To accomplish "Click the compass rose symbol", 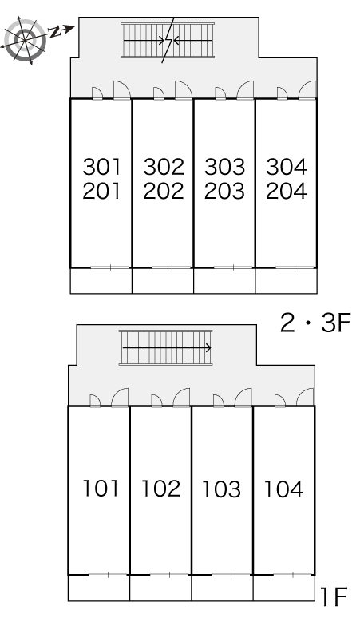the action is click(26, 40).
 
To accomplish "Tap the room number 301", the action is click(101, 167).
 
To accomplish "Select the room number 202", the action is click(164, 191).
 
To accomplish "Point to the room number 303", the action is click(224, 167).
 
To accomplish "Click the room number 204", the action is click(287, 191).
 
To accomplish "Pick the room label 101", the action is click(101, 489).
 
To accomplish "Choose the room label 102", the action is click(160, 489).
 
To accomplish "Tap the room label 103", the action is click(221, 489).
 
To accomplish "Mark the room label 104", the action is click(283, 489).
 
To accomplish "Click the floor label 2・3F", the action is click(315, 323).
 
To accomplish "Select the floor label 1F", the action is click(333, 596).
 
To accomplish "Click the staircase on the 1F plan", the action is click(165, 347).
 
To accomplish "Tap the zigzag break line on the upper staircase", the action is click(168, 40).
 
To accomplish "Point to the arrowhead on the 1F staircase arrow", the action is click(208, 348).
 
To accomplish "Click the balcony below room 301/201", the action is click(101, 281).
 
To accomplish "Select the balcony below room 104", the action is click(283, 588).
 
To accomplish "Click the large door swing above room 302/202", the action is click(184, 90).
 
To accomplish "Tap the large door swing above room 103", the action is click(243, 398).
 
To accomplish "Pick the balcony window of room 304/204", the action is click(295, 267).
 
